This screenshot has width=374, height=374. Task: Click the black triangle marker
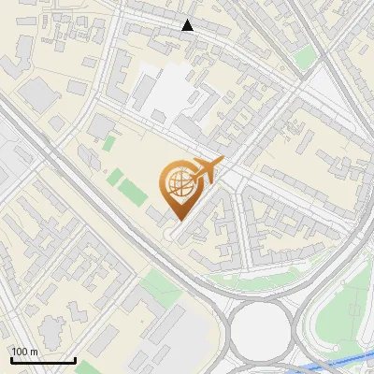(x=188, y=25)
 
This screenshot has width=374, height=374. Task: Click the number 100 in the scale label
(x=19, y=352)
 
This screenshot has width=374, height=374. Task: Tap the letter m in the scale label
(x=34, y=352)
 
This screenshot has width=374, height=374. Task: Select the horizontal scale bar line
(x=43, y=361)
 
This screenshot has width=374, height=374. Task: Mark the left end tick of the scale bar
(x=11, y=359)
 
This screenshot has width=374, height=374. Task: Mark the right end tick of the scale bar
(x=75, y=359)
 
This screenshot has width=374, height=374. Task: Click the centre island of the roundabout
(x=259, y=328)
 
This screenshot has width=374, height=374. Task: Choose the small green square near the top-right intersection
(x=305, y=60)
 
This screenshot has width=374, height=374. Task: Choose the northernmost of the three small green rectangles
(x=109, y=144)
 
